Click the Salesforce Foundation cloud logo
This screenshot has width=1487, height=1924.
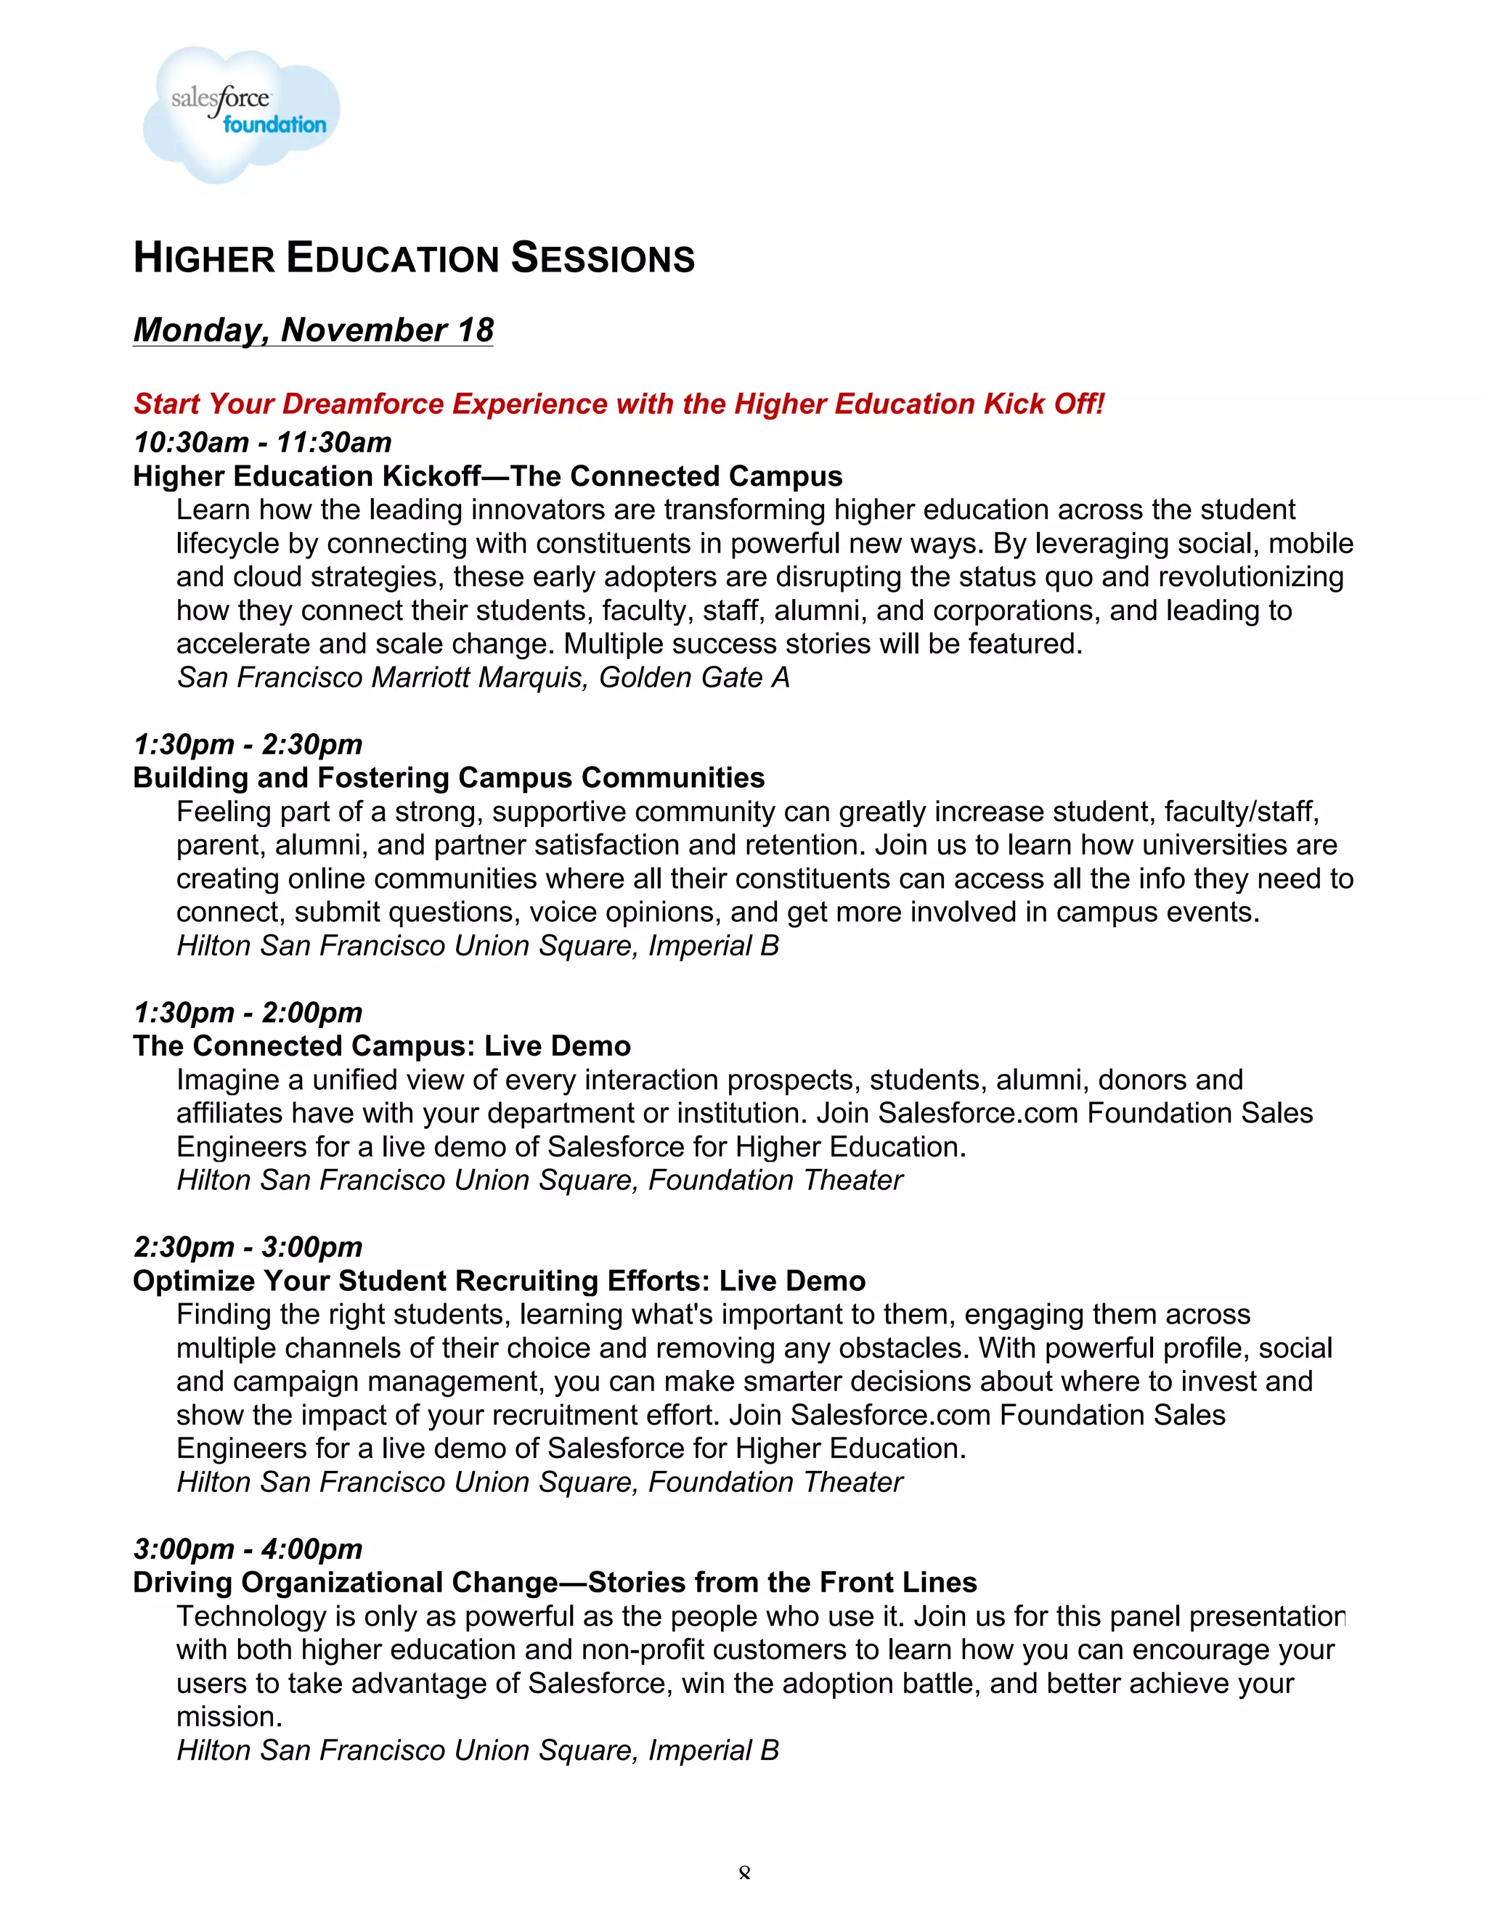tap(240, 115)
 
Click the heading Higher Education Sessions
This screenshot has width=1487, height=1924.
tap(413, 258)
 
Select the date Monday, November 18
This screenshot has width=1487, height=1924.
tap(313, 330)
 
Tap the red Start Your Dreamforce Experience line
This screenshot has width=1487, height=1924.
tap(618, 404)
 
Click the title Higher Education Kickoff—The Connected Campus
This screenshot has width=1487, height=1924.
tap(487, 476)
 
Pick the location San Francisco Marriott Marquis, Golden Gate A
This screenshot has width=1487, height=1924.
tap(483, 677)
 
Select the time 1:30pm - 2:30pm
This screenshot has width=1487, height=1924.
tap(248, 744)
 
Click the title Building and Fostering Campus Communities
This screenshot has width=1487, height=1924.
tap(449, 778)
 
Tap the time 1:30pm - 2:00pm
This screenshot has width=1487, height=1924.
tap(248, 1012)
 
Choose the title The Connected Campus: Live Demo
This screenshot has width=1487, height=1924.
tap(381, 1045)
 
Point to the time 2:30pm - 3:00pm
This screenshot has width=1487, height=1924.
tap(248, 1247)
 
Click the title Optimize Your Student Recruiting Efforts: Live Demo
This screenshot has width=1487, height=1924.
tap(499, 1281)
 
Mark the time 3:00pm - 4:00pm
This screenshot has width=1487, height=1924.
tap(248, 1549)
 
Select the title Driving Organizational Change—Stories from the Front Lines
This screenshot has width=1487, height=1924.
tap(554, 1582)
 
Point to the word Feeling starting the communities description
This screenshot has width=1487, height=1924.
tap(223, 812)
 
